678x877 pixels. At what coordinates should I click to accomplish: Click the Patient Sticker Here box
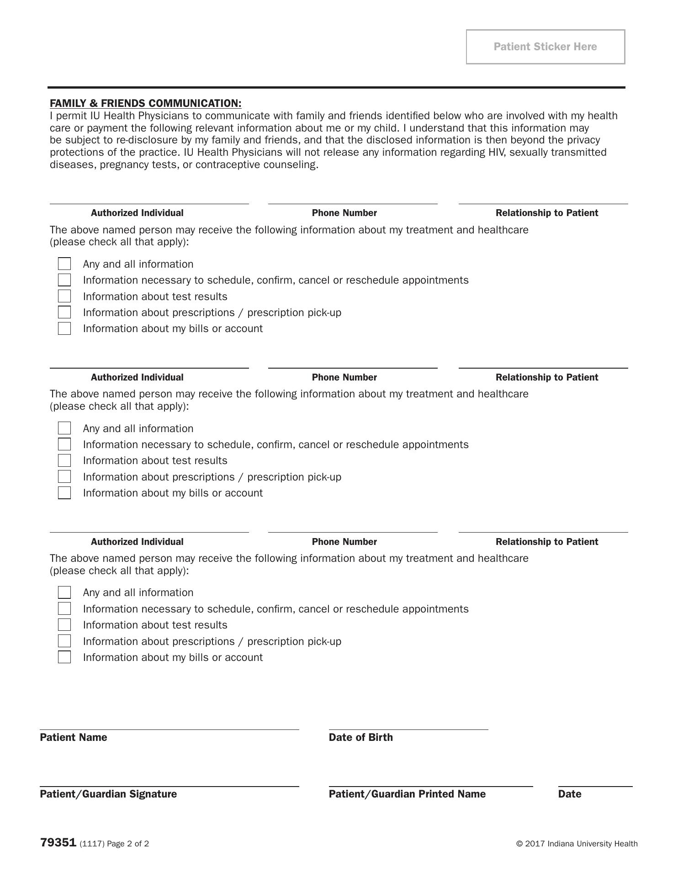545,47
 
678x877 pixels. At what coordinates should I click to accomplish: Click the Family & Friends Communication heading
145,103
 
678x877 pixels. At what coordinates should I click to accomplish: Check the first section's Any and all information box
64,264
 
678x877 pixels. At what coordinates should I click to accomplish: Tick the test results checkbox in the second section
64,460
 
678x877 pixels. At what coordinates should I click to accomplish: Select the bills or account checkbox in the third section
64,657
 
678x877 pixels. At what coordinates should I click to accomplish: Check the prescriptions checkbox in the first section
64,312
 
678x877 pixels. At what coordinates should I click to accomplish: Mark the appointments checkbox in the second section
64,444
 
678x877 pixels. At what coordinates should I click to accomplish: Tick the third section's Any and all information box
64,592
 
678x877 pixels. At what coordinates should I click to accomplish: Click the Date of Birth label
360,737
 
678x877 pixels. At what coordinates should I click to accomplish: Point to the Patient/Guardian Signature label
108,794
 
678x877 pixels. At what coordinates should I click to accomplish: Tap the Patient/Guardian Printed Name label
407,794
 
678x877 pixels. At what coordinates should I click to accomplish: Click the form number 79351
58,843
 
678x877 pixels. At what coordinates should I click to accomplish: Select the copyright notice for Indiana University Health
577,844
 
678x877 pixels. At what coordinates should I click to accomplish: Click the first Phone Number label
344,213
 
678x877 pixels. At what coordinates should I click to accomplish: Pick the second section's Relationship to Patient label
547,377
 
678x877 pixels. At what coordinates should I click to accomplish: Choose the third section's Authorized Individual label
137,542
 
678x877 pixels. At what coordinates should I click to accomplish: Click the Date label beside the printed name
569,794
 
